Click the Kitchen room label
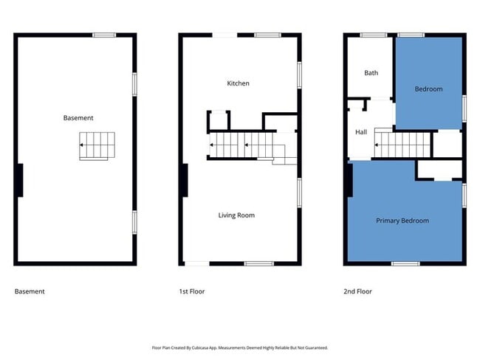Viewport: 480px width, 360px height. coord(238,83)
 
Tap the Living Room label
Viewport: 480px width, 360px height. coord(236,215)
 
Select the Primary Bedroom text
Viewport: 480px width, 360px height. coord(402,221)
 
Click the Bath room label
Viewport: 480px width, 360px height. coord(371,73)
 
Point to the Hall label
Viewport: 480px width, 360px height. coord(361,132)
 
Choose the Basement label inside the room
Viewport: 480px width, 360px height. coord(78,118)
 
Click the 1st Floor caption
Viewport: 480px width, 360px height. coord(192,291)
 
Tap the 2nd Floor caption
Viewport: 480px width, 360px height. coord(357,291)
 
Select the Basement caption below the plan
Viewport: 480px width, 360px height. coord(30,291)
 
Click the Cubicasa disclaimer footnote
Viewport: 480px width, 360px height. coord(239,347)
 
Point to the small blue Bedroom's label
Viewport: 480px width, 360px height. coord(428,89)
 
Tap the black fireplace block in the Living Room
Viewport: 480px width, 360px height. coord(184,180)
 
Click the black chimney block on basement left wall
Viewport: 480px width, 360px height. coord(19,180)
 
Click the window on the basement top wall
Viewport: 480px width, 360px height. coord(103,35)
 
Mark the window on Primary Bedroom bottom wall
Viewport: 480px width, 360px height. coord(405,263)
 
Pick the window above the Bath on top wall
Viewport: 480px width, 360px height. coord(372,35)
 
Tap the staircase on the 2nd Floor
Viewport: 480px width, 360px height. coord(402,142)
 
